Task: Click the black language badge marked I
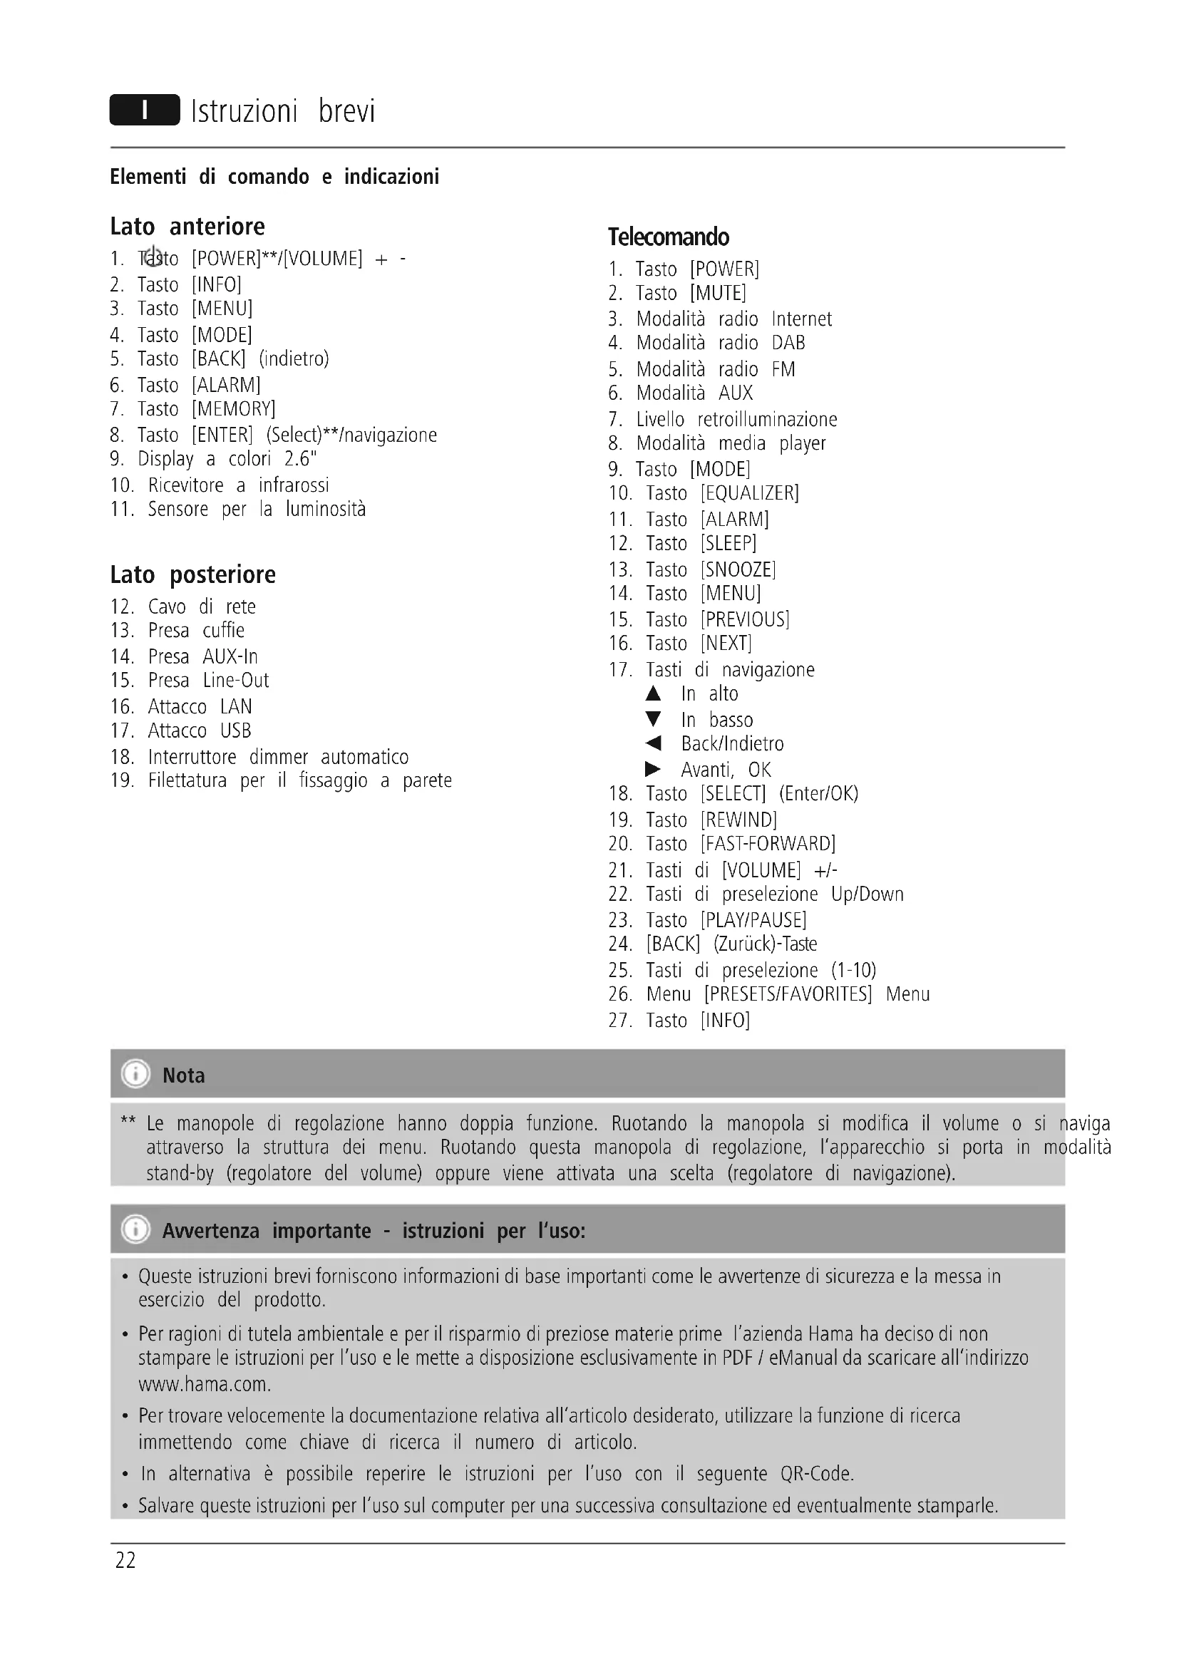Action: pos(145,110)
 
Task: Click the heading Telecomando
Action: pos(668,237)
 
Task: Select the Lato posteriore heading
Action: pos(192,575)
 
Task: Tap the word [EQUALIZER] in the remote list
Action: pos(749,494)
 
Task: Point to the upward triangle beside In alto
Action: pos(654,694)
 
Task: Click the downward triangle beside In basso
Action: pos(654,720)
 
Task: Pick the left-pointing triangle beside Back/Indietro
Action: pos(654,743)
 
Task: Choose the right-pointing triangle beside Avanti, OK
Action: pos(654,769)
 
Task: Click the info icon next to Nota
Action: pos(135,1074)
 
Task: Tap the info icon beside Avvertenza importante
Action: pos(135,1230)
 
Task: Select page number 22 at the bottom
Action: pos(125,1560)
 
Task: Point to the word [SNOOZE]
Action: pos(738,570)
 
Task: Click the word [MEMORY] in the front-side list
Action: pos(233,410)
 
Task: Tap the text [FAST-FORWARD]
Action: pos(768,844)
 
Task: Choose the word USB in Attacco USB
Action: pos(235,731)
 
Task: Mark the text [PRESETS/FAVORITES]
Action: pos(788,994)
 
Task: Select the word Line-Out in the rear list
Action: pos(236,681)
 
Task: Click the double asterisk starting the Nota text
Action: pos(128,1122)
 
